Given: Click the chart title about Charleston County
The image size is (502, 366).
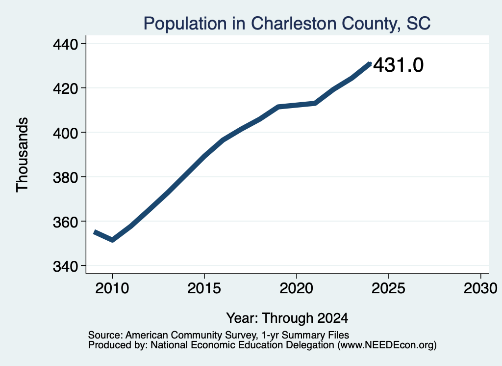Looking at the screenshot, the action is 287,24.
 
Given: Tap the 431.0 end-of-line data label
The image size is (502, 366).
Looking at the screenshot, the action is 398,65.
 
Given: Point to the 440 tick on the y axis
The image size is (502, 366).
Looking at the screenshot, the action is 66,44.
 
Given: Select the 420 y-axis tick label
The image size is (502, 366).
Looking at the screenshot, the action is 66,88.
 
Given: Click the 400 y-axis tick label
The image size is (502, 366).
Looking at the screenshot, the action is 66,133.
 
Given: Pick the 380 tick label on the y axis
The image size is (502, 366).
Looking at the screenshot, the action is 66,177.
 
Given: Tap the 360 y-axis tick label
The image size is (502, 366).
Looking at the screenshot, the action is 66,222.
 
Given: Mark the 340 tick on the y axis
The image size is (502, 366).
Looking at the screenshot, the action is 66,266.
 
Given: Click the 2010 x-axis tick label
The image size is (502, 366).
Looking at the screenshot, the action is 112,288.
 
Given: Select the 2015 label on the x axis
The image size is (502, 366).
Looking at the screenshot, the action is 204,288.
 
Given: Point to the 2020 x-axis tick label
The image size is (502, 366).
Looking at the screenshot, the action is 297,288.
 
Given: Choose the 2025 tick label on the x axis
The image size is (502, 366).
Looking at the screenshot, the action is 388,288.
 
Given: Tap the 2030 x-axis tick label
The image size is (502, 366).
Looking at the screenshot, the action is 480,288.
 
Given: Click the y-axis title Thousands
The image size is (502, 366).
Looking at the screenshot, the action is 23,155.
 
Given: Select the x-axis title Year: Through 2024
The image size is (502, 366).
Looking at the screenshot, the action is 287,318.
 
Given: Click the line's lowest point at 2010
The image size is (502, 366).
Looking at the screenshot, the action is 112,240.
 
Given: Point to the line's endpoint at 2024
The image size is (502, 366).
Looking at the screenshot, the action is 370,64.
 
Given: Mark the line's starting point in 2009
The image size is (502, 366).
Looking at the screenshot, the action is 95,232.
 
